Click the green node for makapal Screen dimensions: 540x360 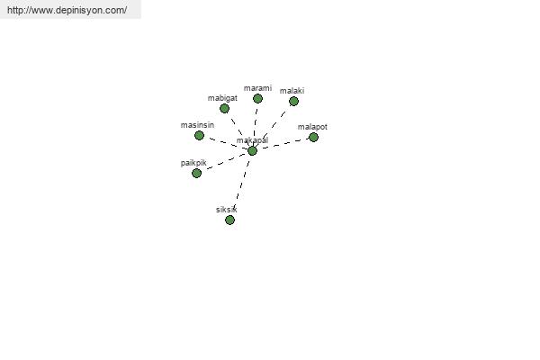pos(252,151)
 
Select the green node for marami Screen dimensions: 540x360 pos(257,99)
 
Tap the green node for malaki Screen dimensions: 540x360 pos(293,102)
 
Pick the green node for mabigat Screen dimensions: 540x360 pos(224,109)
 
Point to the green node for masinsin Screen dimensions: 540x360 pos(199,135)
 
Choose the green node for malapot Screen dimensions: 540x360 pos(313,138)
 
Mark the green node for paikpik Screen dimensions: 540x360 pos(196,174)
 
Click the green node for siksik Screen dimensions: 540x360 pos(230,220)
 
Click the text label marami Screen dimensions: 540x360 pos(257,88)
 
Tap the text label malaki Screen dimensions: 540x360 pos(292,91)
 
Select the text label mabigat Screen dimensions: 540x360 pos(222,98)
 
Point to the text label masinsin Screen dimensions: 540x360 pos(197,125)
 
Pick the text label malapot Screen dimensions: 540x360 pos(312,127)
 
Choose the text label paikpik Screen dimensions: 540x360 pos(193,163)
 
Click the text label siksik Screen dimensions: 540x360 pos(227,210)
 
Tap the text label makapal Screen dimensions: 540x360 pos(252,140)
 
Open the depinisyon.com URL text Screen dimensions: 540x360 pos(67,10)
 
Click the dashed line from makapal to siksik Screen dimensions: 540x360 pos(242,184)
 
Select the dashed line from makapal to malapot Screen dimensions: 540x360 pos(283,144)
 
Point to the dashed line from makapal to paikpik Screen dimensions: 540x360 pos(224,162)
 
